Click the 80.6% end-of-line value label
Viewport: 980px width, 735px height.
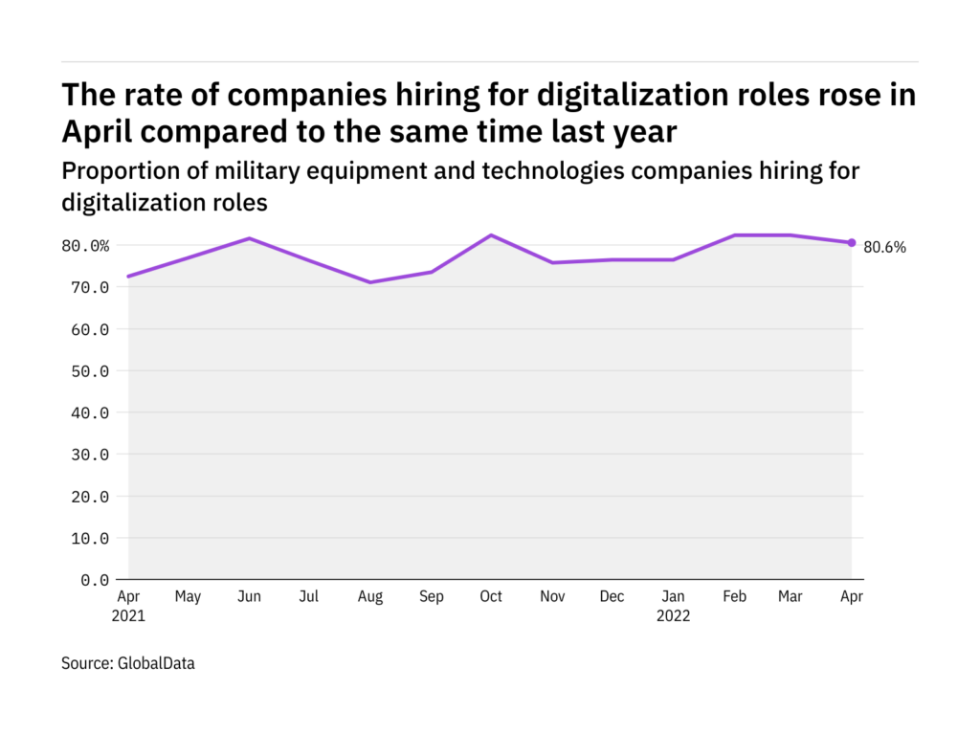pyautogui.click(x=884, y=247)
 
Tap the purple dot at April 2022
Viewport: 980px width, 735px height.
pyautogui.click(x=852, y=242)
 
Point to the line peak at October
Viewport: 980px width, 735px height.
pyautogui.click(x=490, y=235)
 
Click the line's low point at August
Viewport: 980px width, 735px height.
pyautogui.click(x=369, y=282)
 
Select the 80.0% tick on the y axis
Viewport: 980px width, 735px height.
pyautogui.click(x=85, y=246)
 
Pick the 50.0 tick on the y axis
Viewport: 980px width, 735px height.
pyautogui.click(x=89, y=371)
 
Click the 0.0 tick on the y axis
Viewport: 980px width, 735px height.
pyautogui.click(x=93, y=580)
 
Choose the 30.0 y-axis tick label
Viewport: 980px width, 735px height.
pyautogui.click(x=89, y=455)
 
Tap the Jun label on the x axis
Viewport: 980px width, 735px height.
pyautogui.click(x=249, y=597)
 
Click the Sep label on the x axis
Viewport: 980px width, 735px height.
pyautogui.click(x=431, y=597)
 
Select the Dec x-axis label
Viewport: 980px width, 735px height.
pyautogui.click(x=612, y=597)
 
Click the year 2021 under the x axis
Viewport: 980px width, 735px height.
pyautogui.click(x=128, y=616)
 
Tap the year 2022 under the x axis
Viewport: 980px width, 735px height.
pyautogui.click(x=673, y=616)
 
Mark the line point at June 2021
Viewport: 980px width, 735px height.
pyautogui.click(x=249, y=238)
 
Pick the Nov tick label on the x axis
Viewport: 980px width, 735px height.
pyautogui.click(x=551, y=597)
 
